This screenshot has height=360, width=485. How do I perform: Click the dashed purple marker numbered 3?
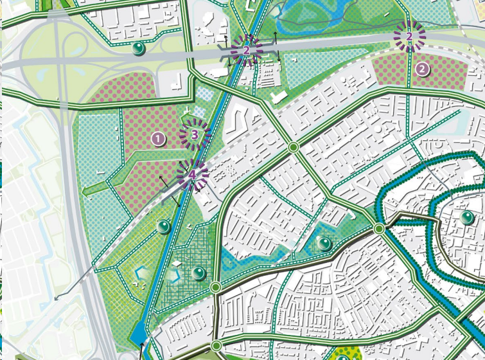[195, 134]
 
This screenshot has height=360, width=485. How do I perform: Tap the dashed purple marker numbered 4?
[192, 175]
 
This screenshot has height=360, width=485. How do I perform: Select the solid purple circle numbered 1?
[159, 138]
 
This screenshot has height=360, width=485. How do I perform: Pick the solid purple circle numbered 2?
[422, 69]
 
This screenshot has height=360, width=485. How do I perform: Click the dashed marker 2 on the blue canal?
[246, 48]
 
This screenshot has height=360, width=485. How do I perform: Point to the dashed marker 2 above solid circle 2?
[409, 36]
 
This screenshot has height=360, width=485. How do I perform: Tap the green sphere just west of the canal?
[164, 226]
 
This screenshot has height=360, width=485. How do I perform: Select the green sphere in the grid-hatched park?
[199, 273]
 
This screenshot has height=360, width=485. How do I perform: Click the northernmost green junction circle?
[294, 147]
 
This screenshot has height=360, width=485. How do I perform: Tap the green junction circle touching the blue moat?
[379, 228]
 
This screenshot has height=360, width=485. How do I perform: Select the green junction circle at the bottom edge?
[216, 346]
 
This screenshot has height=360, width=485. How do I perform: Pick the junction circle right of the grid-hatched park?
[215, 287]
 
